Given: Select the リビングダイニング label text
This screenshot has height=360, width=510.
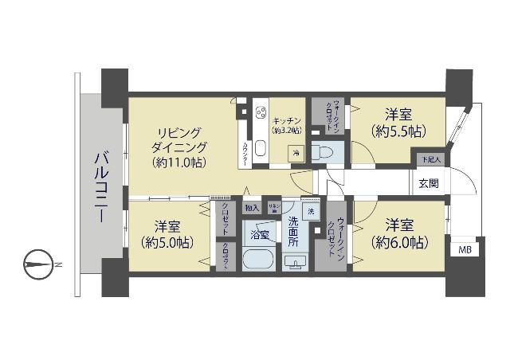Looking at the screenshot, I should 180,139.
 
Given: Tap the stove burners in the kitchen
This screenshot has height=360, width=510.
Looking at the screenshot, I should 260,115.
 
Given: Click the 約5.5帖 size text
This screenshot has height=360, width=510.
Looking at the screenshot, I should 396,131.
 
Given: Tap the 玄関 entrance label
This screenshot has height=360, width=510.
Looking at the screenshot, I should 428,183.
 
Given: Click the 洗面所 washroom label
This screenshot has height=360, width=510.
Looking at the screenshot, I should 296,231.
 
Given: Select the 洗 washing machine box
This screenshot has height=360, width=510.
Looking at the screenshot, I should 311,211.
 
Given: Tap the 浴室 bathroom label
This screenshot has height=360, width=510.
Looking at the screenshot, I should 259,235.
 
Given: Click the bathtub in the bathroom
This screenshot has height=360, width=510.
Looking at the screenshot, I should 258,261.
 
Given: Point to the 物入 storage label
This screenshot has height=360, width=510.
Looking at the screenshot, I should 253,208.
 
